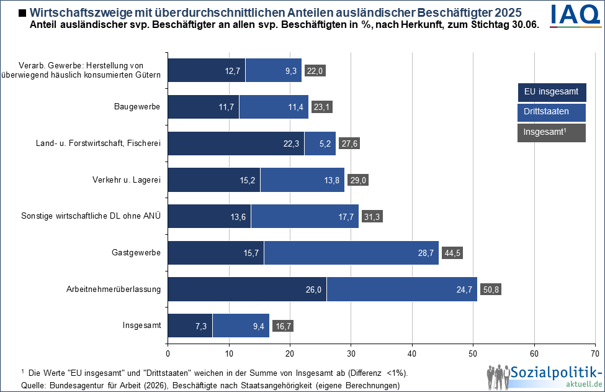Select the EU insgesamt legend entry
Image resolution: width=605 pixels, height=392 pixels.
tap(552, 93)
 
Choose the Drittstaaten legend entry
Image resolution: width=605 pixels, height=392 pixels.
tap(552, 112)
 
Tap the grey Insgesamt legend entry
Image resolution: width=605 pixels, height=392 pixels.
tap(552, 132)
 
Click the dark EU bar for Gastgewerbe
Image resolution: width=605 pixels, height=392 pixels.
tap(215, 253)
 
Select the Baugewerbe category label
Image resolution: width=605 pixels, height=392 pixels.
tap(137, 107)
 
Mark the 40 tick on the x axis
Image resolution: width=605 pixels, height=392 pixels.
tap(412, 354)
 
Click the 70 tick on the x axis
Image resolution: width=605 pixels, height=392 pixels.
tap(595, 354)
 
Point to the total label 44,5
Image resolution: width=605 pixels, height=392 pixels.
tap(452, 253)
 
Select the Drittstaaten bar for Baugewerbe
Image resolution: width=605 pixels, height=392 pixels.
tap(274, 107)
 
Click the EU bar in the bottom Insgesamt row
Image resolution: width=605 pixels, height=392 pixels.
tap(190, 326)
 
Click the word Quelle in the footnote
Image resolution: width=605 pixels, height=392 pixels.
tap(34, 385)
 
